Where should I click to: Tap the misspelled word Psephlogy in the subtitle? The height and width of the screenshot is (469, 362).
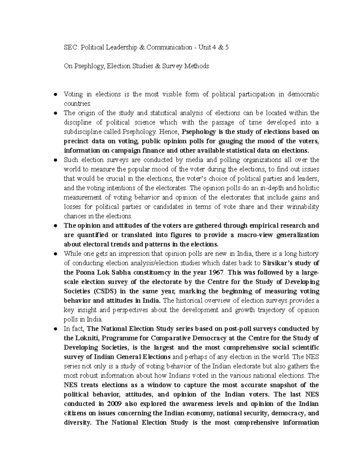point(88,66)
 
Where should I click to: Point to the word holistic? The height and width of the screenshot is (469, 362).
point(307,188)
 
